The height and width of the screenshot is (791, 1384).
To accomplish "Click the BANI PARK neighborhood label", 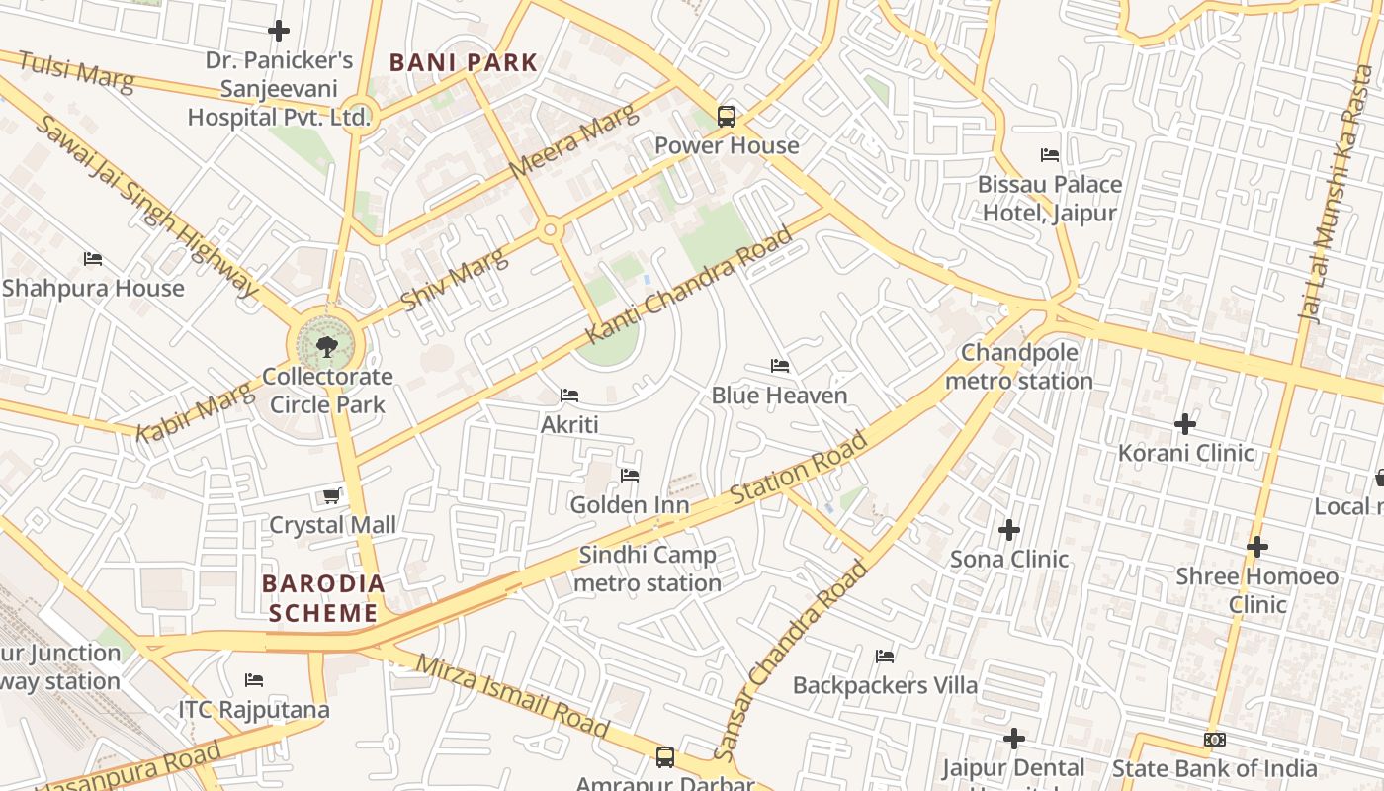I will coord(463,63).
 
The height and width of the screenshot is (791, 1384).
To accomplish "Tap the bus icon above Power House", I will coord(727,116).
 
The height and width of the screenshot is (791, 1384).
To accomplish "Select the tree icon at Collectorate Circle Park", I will coord(326,346).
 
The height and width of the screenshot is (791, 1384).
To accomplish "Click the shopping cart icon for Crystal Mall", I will coord(332,495).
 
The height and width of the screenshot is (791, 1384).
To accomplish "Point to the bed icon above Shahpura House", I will coord(93,259).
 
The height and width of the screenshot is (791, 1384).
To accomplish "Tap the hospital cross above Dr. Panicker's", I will coord(279,31).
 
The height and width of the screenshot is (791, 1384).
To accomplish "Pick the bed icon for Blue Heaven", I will coord(780,366).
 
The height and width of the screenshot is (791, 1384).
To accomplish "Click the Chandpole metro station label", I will coord(1019,367).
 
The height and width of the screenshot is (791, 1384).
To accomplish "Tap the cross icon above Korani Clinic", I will coord(1185,424).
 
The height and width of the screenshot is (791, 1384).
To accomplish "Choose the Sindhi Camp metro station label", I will coord(648,569).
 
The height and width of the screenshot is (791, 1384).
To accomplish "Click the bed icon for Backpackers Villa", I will coord(885,656).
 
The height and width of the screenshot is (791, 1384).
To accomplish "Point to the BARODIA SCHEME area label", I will coord(323,598).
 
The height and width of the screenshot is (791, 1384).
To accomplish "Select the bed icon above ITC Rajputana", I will coord(254,680).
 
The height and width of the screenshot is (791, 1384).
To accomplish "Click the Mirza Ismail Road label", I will coord(512,696).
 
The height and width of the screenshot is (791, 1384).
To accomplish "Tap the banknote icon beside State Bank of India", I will coord(1215,740).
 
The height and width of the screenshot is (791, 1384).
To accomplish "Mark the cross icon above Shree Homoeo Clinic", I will coord(1256,546).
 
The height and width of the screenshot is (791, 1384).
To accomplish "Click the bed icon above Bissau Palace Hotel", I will coord(1050,155).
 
